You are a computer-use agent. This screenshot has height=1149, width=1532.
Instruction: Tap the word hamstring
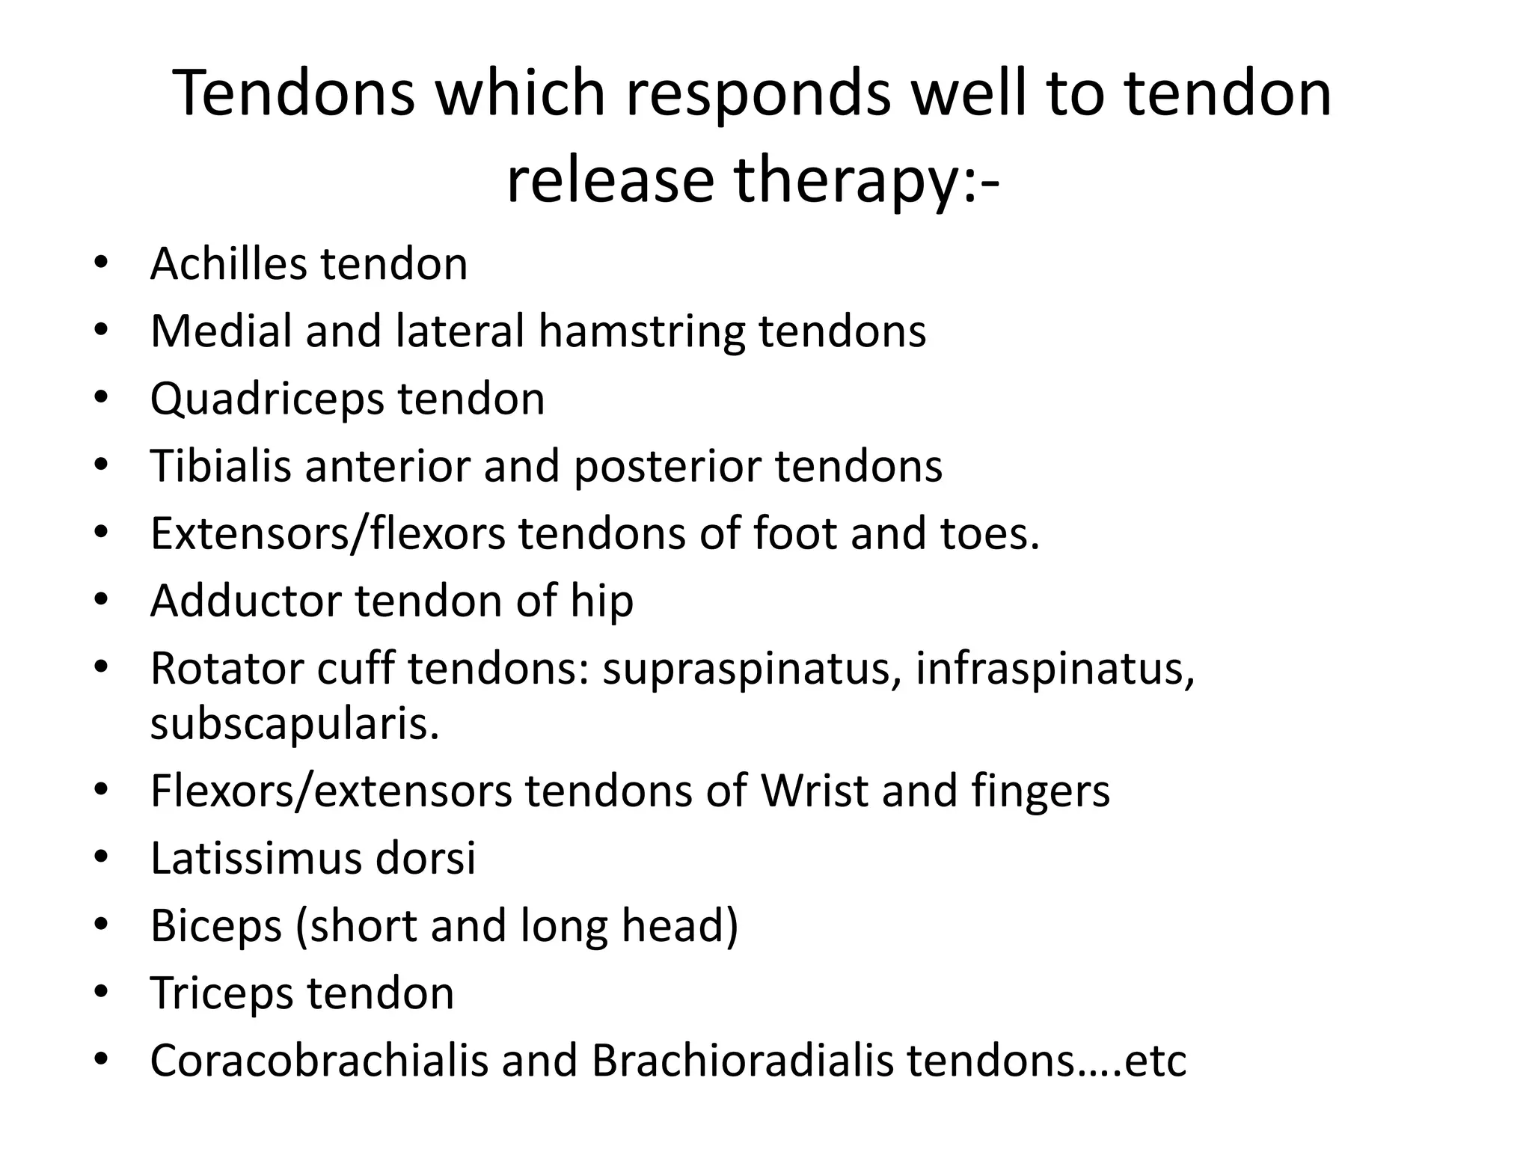pos(641,331)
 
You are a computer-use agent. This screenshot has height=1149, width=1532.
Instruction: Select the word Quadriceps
pos(267,399)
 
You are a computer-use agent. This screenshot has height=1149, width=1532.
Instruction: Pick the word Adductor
pos(245,601)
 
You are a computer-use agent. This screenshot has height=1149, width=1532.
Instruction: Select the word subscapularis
pos(295,723)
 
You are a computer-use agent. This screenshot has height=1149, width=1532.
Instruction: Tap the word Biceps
pos(216,925)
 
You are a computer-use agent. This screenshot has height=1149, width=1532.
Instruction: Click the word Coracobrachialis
pos(319,1061)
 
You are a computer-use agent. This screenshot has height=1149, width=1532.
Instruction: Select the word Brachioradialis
pos(743,1061)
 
